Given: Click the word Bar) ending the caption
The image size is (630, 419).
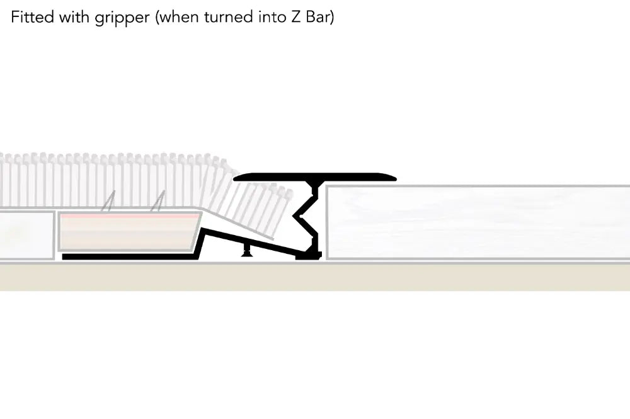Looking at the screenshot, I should click(319, 17).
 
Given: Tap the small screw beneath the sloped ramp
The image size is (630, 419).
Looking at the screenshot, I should click(246, 251).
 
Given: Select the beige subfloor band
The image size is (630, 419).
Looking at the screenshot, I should click(315, 277).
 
